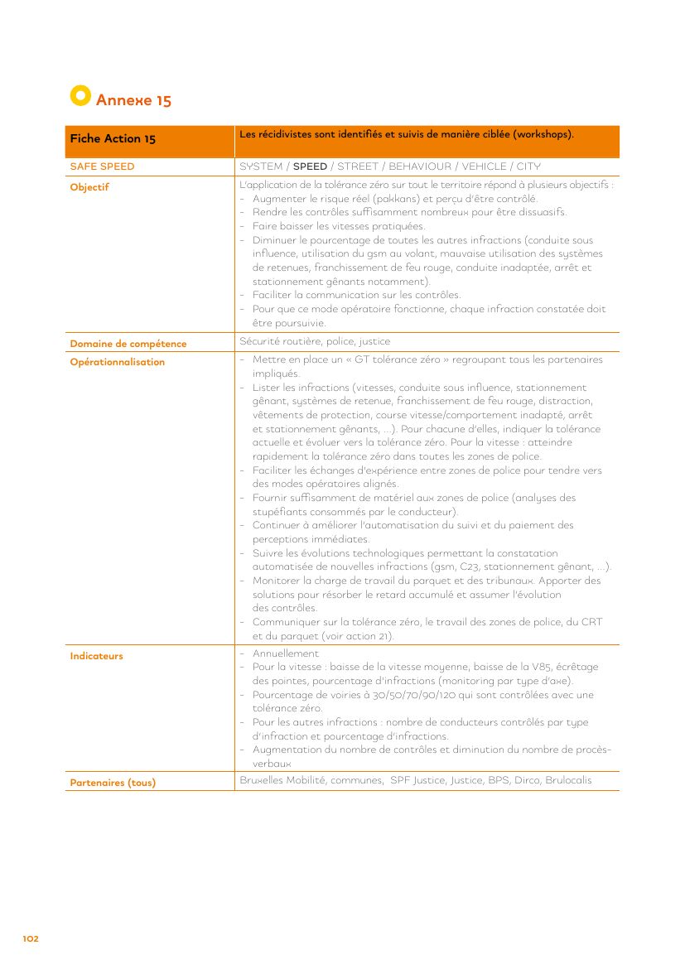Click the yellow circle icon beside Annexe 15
point(80,96)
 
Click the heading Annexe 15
point(133,100)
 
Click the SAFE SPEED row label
point(102,166)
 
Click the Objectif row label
point(89,187)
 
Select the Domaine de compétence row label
point(128,344)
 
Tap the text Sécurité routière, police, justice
point(315,341)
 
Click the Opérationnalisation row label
point(118,362)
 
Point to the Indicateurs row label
point(96,656)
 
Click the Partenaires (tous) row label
point(113,783)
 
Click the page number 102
point(31,938)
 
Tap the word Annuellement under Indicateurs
point(286,653)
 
